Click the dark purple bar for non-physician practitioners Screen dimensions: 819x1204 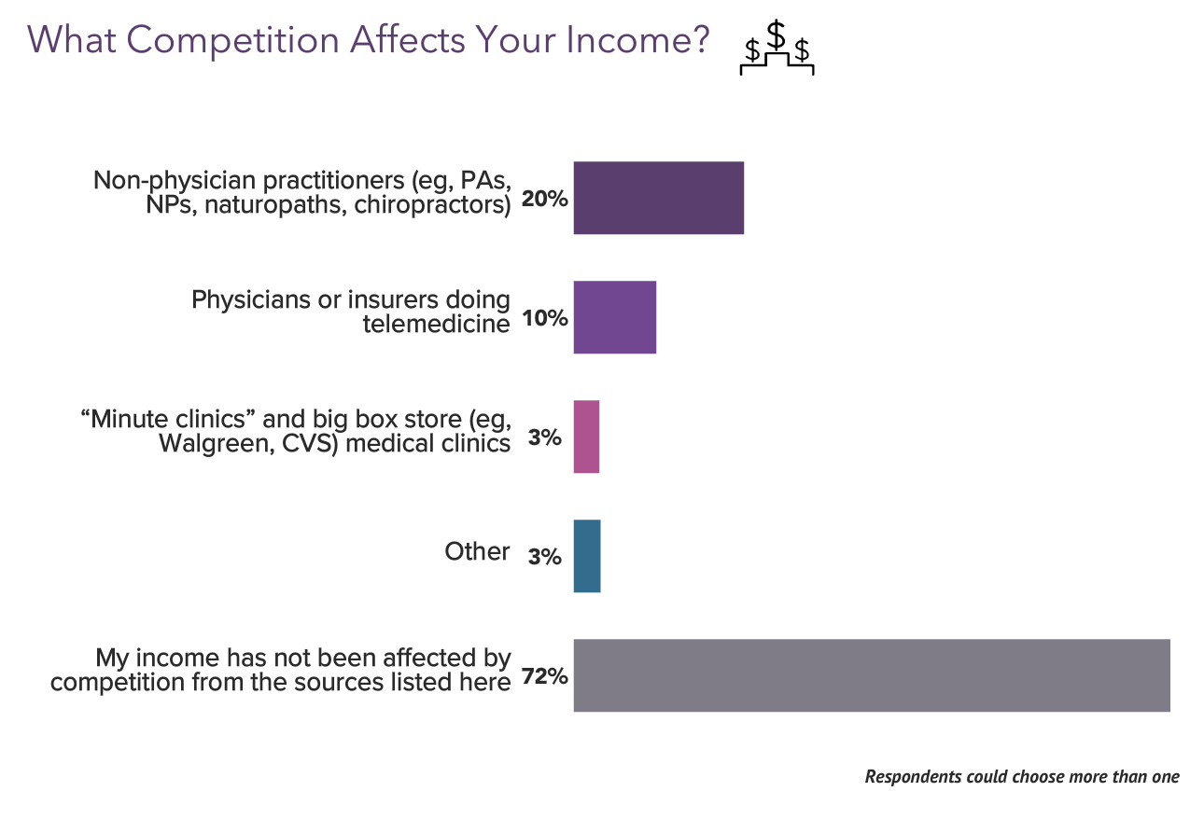point(658,198)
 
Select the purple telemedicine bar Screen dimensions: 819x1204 point(614,317)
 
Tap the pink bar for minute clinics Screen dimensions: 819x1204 point(586,437)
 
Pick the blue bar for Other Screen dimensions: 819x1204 point(586,556)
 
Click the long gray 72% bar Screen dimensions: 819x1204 point(871,675)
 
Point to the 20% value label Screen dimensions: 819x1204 point(545,199)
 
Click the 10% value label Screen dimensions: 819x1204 point(545,318)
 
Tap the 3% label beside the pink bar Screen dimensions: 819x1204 point(544,437)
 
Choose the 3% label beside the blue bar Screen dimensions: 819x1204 point(544,557)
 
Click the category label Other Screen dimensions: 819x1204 point(477,551)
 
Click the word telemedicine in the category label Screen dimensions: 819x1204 point(436,324)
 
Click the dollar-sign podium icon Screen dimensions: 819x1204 point(776,49)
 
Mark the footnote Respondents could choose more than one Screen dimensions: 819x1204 point(1022,776)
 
